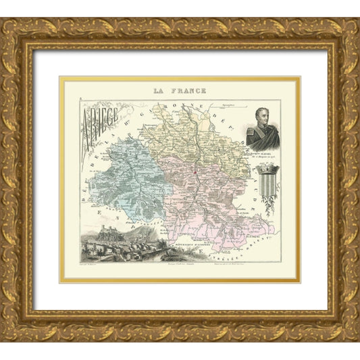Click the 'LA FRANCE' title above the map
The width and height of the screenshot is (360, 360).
pyautogui.click(x=180, y=90)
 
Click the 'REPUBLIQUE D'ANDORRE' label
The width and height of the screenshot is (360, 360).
pyautogui.click(x=181, y=240)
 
